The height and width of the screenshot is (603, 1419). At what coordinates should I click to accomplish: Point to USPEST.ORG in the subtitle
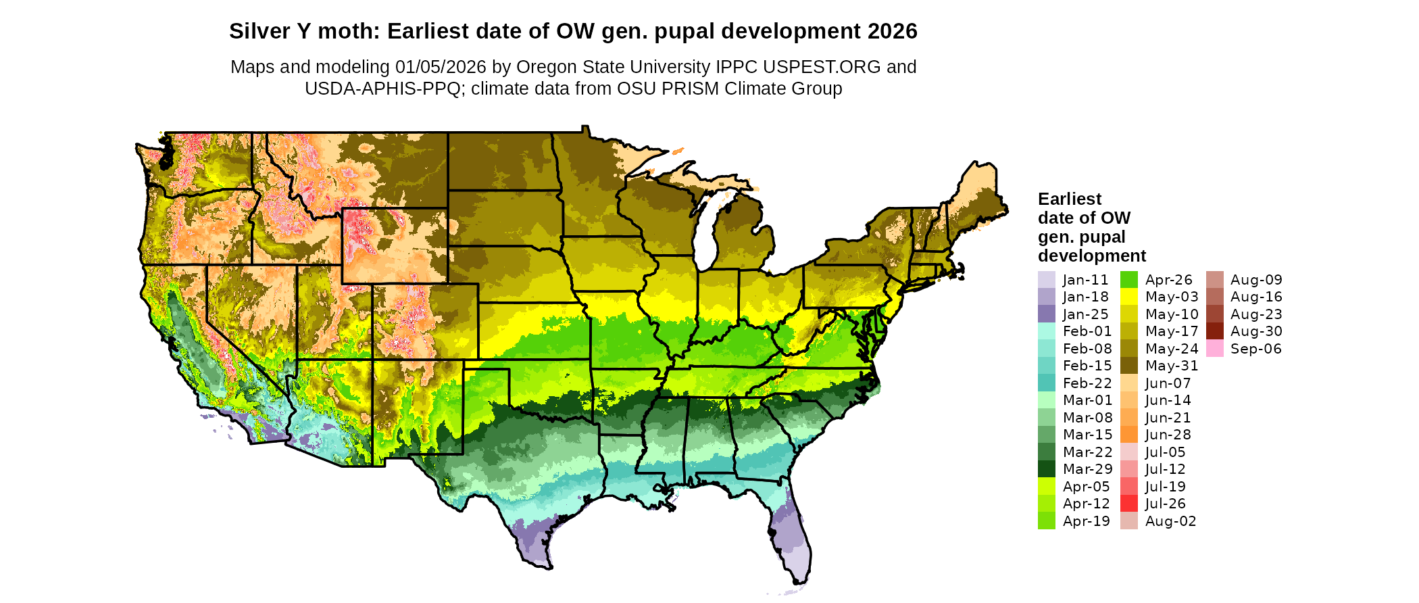[822, 67]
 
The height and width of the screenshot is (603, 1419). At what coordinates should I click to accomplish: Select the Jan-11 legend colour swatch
[1046, 280]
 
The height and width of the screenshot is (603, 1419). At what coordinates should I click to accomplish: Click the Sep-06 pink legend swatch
[1214, 349]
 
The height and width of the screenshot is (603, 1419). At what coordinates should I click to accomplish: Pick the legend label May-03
[1171, 297]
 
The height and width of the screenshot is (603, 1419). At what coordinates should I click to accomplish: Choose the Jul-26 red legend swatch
[1128, 504]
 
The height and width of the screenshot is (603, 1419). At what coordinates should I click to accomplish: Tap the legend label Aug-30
[1256, 331]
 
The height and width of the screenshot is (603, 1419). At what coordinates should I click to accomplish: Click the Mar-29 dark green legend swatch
[1046, 469]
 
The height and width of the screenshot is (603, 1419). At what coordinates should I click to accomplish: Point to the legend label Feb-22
[1087, 383]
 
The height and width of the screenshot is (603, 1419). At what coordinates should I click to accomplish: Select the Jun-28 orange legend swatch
[1128, 435]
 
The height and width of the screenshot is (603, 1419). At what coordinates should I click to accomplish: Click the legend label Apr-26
[1168, 280]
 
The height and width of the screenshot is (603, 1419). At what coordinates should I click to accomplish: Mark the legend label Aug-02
[1170, 521]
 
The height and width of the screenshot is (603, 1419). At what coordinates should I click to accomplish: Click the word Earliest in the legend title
[1069, 199]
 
